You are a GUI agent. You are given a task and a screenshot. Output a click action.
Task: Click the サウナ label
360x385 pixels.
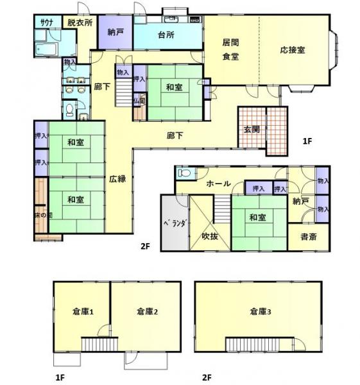click(46, 22)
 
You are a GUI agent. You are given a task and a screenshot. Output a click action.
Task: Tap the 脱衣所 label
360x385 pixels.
click(80, 22)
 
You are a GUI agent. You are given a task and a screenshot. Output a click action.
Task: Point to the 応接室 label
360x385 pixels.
click(292, 49)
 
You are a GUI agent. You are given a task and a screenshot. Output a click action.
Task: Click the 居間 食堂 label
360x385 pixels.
click(230, 49)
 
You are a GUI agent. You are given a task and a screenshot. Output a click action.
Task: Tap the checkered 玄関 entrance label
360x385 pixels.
click(251, 128)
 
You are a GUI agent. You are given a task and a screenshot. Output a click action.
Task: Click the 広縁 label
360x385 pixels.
click(117, 179)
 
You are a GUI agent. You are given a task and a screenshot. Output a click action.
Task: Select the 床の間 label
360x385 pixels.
click(39, 215)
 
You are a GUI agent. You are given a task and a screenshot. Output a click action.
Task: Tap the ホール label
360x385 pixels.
click(218, 184)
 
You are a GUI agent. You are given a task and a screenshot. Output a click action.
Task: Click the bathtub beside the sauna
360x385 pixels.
click(45, 49)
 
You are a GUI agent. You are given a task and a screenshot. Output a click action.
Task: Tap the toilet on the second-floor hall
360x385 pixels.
click(184, 173)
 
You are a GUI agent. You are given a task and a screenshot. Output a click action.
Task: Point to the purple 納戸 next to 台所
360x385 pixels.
click(116, 32)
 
